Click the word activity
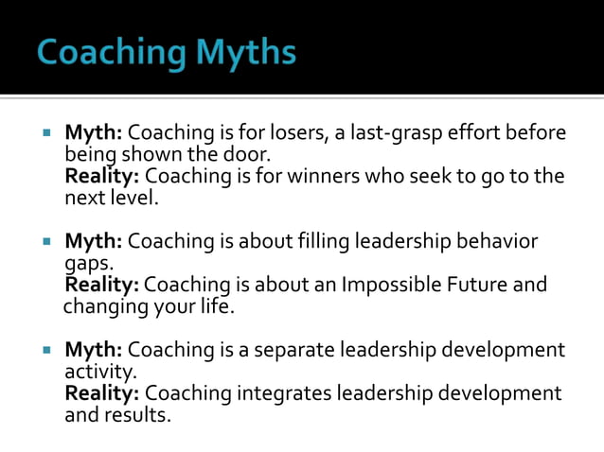(x=99, y=371)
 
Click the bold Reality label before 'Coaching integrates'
(x=102, y=392)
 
